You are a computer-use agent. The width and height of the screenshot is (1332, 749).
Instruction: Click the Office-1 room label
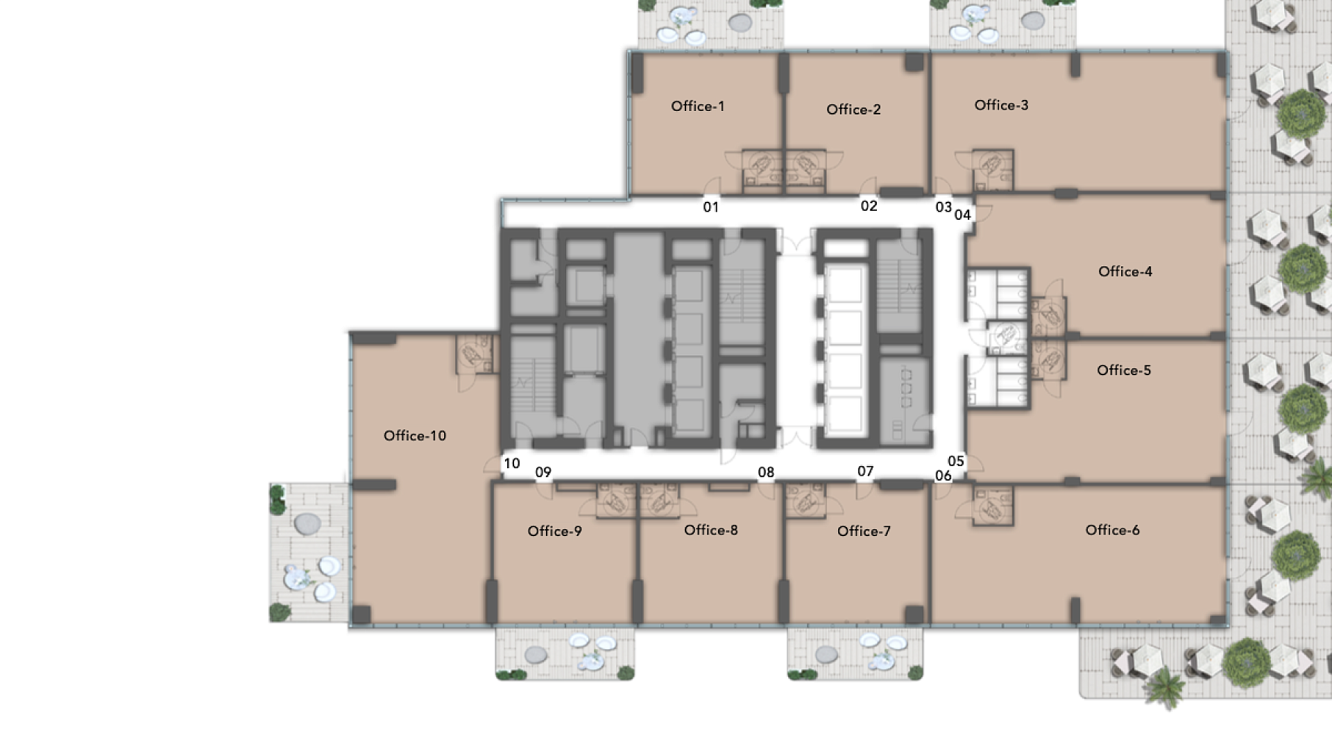point(698,106)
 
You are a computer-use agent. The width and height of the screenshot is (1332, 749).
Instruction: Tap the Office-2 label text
point(853,110)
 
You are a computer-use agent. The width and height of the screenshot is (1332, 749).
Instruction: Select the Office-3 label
point(1001,105)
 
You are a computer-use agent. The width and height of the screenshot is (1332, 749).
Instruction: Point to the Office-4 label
point(1125,272)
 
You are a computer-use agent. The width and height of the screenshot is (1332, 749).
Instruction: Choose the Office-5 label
point(1124,370)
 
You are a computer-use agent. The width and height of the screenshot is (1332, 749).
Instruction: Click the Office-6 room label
point(1112,531)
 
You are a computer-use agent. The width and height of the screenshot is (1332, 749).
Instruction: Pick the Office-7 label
point(864,531)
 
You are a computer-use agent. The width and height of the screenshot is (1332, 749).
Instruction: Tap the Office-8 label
point(711,531)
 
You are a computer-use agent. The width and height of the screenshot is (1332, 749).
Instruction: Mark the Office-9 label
point(555,531)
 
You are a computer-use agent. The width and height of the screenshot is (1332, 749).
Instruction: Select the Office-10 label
point(415,436)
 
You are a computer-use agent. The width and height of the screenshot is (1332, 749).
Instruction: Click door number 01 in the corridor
point(711,207)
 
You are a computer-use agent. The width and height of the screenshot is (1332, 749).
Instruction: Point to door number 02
point(869,206)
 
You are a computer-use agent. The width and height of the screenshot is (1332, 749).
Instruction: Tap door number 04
point(962,215)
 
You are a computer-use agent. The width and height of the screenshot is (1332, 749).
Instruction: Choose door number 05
point(956,461)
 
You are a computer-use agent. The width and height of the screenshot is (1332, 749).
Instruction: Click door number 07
point(865,472)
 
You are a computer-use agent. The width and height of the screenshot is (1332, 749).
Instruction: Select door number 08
point(766,472)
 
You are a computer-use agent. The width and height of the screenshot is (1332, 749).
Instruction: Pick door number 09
point(543,472)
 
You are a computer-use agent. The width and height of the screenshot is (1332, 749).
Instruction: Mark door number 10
point(512,463)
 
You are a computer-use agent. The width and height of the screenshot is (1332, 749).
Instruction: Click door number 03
point(943,207)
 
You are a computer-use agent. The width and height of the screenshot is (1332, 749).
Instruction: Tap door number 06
point(943,476)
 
